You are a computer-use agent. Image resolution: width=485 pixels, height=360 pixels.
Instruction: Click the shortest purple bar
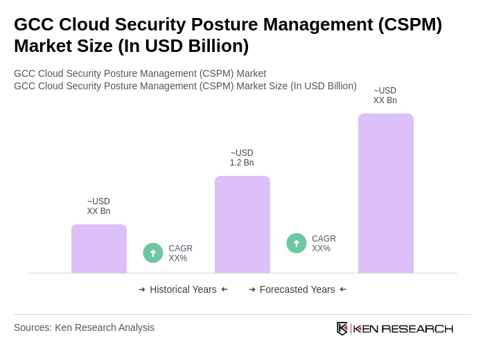[99, 249]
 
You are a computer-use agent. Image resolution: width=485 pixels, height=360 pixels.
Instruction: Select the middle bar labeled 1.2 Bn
[242, 224]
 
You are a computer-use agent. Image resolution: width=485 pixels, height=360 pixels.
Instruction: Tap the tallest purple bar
[386, 193]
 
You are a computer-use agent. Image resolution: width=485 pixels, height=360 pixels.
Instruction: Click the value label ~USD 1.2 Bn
[242, 158]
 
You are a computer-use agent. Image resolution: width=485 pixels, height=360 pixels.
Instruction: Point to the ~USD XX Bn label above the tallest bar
[385, 96]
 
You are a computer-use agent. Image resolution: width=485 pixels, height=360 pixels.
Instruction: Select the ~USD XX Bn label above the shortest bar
[98, 206]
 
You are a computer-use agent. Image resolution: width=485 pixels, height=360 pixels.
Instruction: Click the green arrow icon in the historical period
[153, 253]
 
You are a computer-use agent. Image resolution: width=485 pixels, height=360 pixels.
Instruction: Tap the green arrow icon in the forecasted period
[297, 244]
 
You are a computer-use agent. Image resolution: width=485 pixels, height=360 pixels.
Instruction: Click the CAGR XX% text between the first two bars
[181, 253]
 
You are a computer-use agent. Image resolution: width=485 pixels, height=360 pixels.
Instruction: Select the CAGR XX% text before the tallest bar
[324, 244]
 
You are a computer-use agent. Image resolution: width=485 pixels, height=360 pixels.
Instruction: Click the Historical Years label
[183, 289]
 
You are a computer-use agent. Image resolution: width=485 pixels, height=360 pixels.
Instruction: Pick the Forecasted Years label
[297, 289]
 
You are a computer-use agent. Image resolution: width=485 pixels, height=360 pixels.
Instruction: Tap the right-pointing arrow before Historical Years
[142, 289]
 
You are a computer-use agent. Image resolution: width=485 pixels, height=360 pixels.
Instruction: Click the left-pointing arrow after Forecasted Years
[343, 289]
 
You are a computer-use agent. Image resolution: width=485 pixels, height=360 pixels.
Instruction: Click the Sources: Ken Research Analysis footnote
[84, 327]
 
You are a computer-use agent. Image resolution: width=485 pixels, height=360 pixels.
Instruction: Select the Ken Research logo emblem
[342, 328]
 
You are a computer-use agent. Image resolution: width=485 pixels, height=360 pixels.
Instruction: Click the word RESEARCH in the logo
[417, 329]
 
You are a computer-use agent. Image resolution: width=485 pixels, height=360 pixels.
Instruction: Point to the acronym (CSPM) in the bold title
[409, 24]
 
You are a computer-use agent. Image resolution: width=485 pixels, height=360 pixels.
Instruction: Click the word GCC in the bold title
[33, 24]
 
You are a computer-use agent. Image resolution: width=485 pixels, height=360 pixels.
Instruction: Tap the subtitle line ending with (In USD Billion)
[185, 86]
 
